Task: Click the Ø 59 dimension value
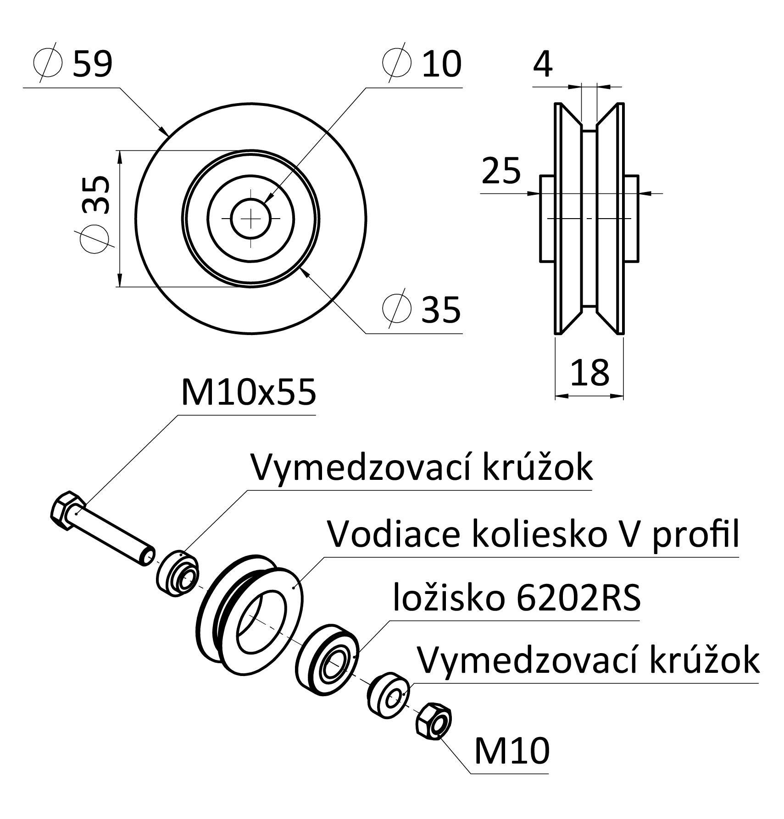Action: point(73,63)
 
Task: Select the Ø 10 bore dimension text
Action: point(422,63)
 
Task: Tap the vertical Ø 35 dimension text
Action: point(95,214)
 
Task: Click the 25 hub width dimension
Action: point(501,170)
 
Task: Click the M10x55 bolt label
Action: point(249,392)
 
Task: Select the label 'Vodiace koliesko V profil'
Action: point(533,534)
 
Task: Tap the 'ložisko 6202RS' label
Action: point(517,598)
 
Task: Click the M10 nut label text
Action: point(512,751)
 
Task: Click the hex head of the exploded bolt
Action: point(67,511)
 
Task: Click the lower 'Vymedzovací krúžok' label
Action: point(589,660)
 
